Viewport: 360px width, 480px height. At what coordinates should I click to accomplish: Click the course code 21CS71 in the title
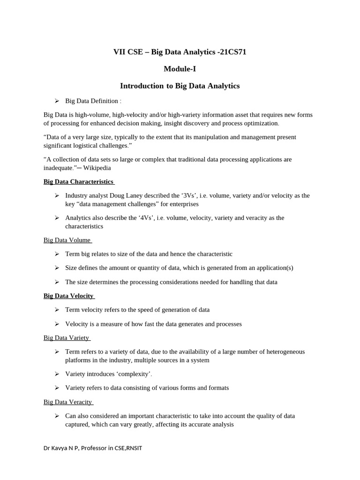pos(232,52)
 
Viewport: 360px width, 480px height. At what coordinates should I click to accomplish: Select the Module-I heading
pos(180,69)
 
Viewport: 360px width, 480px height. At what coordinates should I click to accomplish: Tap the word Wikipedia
pos(97,168)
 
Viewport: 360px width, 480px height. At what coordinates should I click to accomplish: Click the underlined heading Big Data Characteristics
pos(78,181)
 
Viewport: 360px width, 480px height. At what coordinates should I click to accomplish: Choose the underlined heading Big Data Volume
pos(67,240)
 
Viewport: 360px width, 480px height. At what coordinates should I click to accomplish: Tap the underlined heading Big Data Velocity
pos(68,296)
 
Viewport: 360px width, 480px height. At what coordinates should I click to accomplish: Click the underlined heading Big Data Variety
pos(66,337)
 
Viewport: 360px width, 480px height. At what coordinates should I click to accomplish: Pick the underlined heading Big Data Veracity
pos(68,402)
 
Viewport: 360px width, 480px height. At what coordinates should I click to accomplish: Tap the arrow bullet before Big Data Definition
pos(57,101)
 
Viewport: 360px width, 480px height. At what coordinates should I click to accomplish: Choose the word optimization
pos(260,123)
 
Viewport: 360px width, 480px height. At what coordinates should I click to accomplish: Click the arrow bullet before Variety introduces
pos(57,374)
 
